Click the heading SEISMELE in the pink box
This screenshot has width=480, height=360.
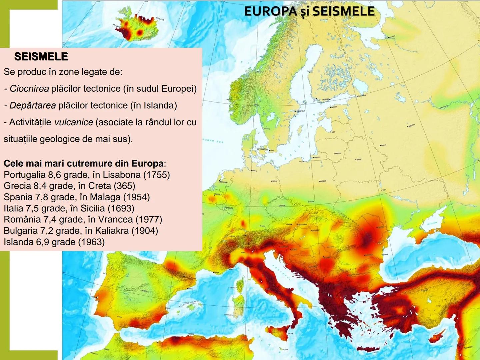[41, 57]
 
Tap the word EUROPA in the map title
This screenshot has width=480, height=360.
[270, 11]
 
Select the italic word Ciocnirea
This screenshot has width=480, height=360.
[29, 89]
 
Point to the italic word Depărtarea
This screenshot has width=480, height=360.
[32, 105]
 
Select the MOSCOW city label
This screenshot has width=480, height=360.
[411, 125]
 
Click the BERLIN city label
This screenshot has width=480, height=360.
[275, 181]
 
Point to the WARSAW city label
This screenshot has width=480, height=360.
[323, 181]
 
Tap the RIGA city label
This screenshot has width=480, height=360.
[333, 132]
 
